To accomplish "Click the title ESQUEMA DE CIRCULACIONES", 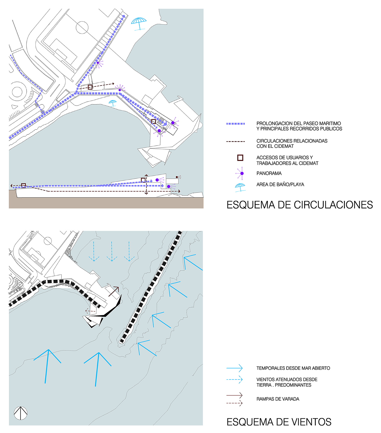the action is [x=300, y=205].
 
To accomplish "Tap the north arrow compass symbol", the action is [x=21, y=413].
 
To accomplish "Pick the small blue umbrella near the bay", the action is [x=113, y=103].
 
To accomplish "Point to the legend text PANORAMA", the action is [x=269, y=173].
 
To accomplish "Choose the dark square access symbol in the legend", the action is [x=240, y=158].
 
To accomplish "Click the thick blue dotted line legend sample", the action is [x=235, y=124].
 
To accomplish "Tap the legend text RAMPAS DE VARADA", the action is [x=278, y=399].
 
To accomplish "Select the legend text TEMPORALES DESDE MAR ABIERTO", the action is [x=293, y=368].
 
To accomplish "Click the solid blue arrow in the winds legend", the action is [x=234, y=368].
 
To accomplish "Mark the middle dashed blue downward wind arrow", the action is [x=112, y=251].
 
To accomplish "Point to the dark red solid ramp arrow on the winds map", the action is [x=114, y=291].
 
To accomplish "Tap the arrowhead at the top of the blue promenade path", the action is [x=123, y=16].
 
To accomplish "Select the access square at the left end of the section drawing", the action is [x=23, y=185].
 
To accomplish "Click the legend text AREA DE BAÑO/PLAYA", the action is [x=280, y=184].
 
